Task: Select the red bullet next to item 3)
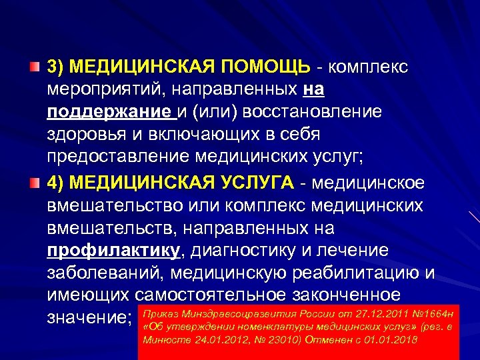[34, 67]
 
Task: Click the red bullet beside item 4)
[34, 181]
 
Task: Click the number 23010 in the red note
[273, 339]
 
